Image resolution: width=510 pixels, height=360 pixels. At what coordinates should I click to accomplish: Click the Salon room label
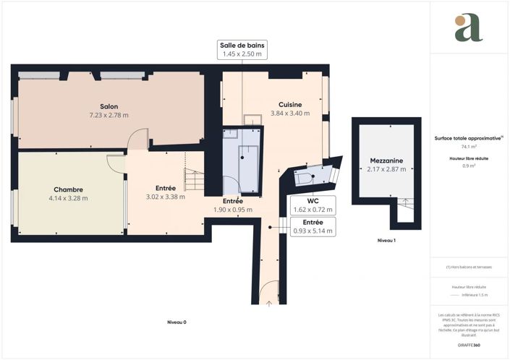coord(109,106)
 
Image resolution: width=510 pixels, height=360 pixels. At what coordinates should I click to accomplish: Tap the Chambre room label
coord(68,189)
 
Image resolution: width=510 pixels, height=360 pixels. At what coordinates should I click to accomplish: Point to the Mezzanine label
coord(386,160)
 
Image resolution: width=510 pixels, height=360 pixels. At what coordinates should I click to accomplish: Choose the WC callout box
coord(313,205)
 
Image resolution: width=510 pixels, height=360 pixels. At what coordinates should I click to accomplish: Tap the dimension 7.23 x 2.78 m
coord(109,115)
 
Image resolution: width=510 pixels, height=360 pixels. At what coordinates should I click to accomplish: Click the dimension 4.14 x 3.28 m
coord(68,198)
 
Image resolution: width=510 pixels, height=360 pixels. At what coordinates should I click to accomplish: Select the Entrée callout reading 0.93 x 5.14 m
coord(313,226)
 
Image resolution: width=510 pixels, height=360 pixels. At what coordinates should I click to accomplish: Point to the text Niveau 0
coord(177,322)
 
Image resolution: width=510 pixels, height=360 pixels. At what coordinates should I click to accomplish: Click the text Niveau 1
coord(387,240)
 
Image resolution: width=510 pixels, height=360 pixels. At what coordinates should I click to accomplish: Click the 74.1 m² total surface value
coord(469,146)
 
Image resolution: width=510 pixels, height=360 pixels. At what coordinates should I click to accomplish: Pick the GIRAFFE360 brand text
coord(469,346)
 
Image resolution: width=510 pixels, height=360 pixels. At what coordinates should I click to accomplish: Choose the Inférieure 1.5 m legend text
coord(475,295)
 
